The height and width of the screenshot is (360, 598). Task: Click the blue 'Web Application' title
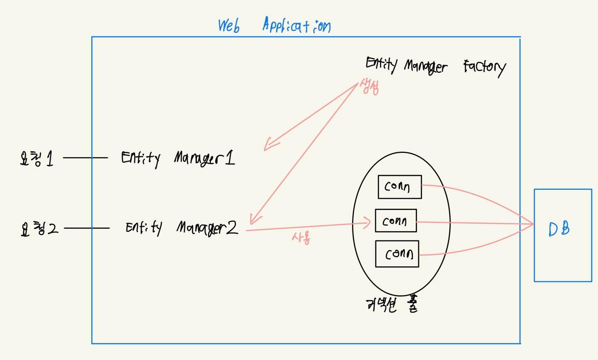coord(274,26)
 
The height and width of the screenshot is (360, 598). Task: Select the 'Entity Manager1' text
coord(178,158)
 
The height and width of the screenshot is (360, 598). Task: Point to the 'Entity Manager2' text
coord(181,228)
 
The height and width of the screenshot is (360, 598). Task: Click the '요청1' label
coord(37,158)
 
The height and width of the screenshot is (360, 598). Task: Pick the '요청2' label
coord(39,228)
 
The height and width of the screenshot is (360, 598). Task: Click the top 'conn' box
coord(399,187)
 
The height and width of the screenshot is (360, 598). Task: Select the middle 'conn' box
coord(395,220)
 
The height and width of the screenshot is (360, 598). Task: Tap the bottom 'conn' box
coord(397,254)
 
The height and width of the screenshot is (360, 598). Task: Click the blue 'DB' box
coord(563,235)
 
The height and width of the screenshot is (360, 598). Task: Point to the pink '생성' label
coord(369,86)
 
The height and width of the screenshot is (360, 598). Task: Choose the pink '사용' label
coord(301,238)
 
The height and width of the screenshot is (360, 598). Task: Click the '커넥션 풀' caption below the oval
coord(392,305)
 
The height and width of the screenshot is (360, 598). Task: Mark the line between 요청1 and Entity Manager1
coord(85,158)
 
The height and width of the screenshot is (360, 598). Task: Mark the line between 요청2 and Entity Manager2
coord(86,228)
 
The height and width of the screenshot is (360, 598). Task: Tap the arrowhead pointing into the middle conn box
coord(367,223)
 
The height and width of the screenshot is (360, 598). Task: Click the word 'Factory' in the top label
coord(484,67)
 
